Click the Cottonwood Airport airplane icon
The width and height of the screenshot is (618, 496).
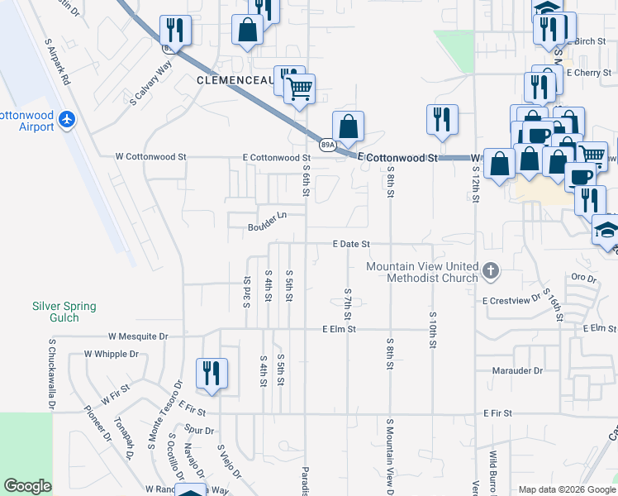(x=67, y=120)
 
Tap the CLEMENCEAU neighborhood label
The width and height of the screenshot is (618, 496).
(x=234, y=80)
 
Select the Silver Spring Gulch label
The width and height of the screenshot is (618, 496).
(x=64, y=312)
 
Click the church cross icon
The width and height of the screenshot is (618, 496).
(x=491, y=271)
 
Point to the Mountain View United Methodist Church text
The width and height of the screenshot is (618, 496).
(x=422, y=272)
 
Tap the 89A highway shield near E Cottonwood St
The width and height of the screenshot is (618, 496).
(x=328, y=145)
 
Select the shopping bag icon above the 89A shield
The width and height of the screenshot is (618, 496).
(x=349, y=126)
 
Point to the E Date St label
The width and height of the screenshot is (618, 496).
(x=350, y=245)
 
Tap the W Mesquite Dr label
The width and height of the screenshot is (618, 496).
(x=138, y=337)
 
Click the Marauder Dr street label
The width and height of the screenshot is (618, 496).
(x=516, y=371)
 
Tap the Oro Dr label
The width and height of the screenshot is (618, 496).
(x=583, y=278)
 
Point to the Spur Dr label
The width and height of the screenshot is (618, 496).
(x=201, y=431)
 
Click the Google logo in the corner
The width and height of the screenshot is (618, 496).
(x=27, y=487)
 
